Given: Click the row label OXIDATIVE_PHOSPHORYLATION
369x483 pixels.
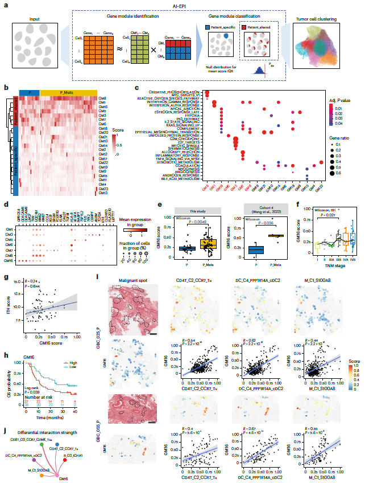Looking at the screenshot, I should (176, 92).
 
